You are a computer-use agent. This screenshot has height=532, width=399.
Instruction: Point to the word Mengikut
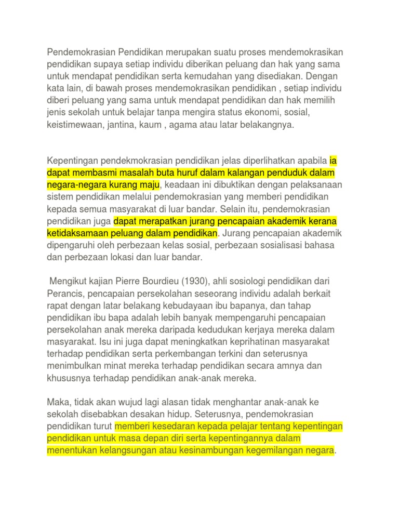[x=68, y=281]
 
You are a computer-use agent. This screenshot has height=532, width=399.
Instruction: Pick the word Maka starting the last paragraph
[x=58, y=403]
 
